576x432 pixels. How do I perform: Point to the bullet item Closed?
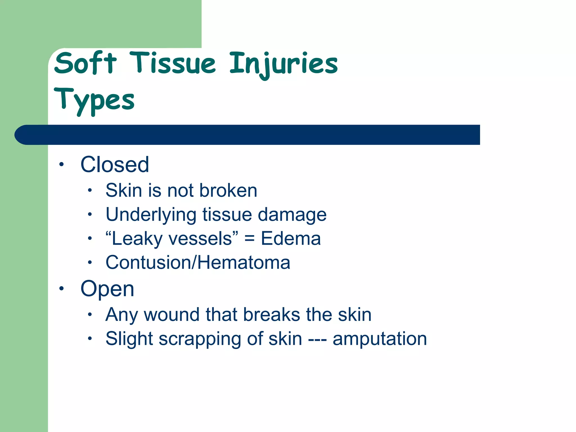114,165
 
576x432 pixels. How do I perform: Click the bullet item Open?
107,289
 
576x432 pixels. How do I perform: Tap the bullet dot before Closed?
62,165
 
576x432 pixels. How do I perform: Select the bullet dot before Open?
62,289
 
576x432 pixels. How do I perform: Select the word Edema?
291,238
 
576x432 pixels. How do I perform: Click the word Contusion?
148,262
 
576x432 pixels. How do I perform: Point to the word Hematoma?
244,262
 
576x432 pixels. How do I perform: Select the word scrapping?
200,339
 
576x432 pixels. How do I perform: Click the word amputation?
380,339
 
